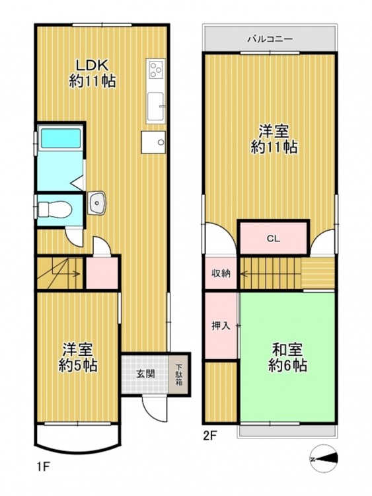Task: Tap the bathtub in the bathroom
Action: [x=60, y=137]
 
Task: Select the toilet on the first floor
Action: [x=55, y=209]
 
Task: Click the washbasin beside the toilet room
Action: [x=96, y=203]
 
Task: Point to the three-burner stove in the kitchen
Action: [x=155, y=69]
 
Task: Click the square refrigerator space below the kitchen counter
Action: [x=153, y=142]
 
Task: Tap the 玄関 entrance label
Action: [x=145, y=374]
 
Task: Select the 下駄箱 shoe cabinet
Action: [x=179, y=374]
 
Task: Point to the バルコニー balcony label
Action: [x=270, y=39]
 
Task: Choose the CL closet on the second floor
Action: [x=274, y=238]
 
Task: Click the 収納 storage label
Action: [x=221, y=273]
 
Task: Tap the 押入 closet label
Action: [x=221, y=326]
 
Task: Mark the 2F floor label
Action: [x=209, y=436]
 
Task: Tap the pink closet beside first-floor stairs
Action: [x=102, y=272]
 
